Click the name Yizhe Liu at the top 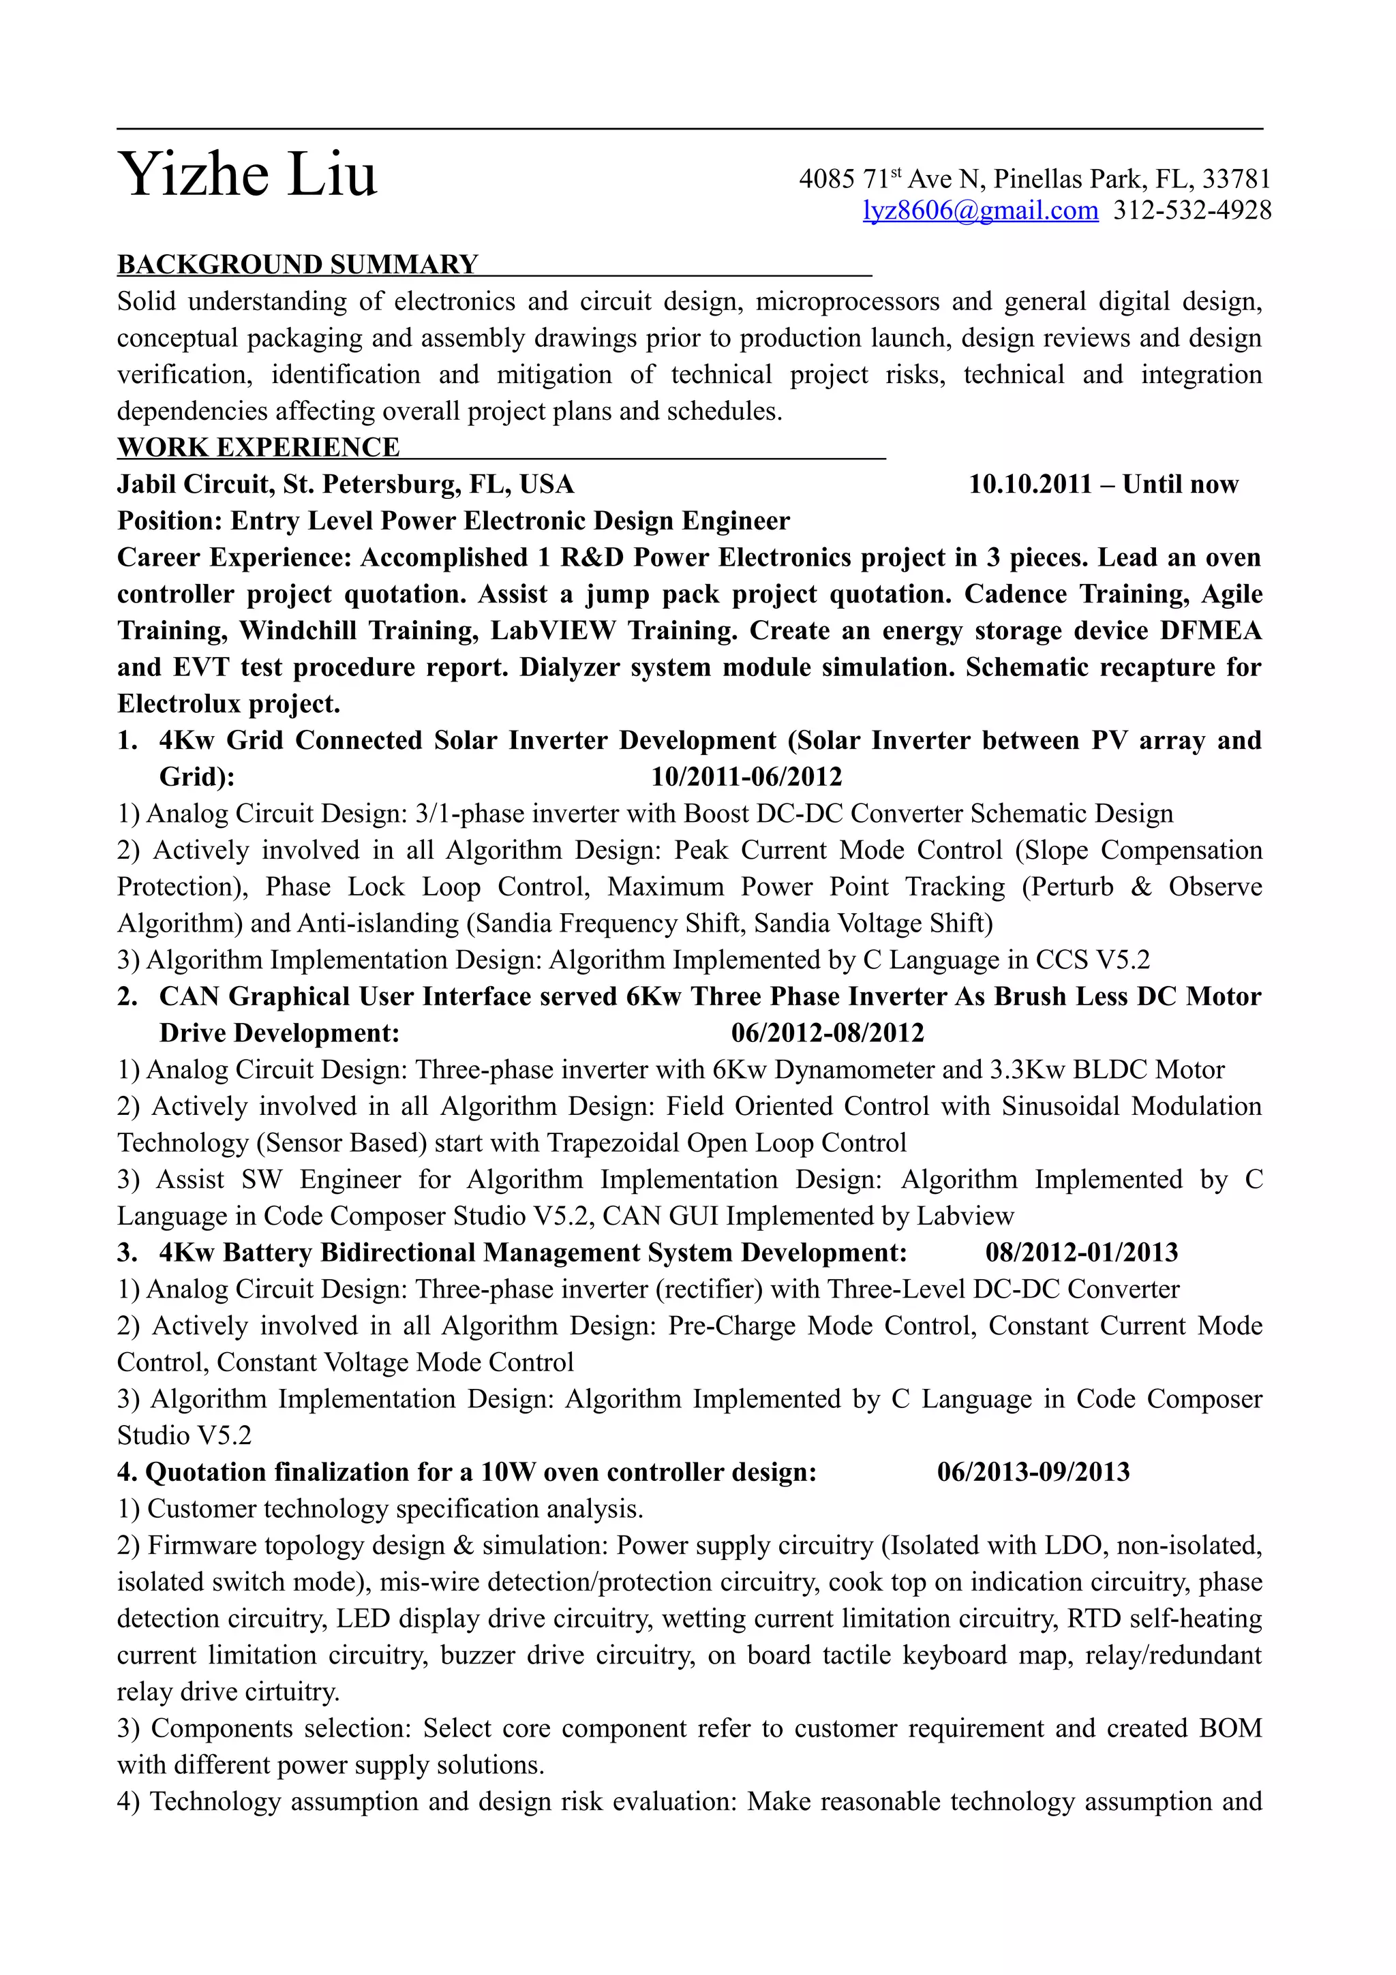point(247,175)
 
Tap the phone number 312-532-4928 point(1192,211)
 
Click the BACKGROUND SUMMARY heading point(298,264)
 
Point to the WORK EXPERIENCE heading point(258,447)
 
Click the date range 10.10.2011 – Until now point(1103,485)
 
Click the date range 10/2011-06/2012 point(746,777)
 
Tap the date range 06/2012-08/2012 point(827,1032)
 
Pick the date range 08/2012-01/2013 point(1081,1253)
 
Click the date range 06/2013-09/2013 point(1032,1472)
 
